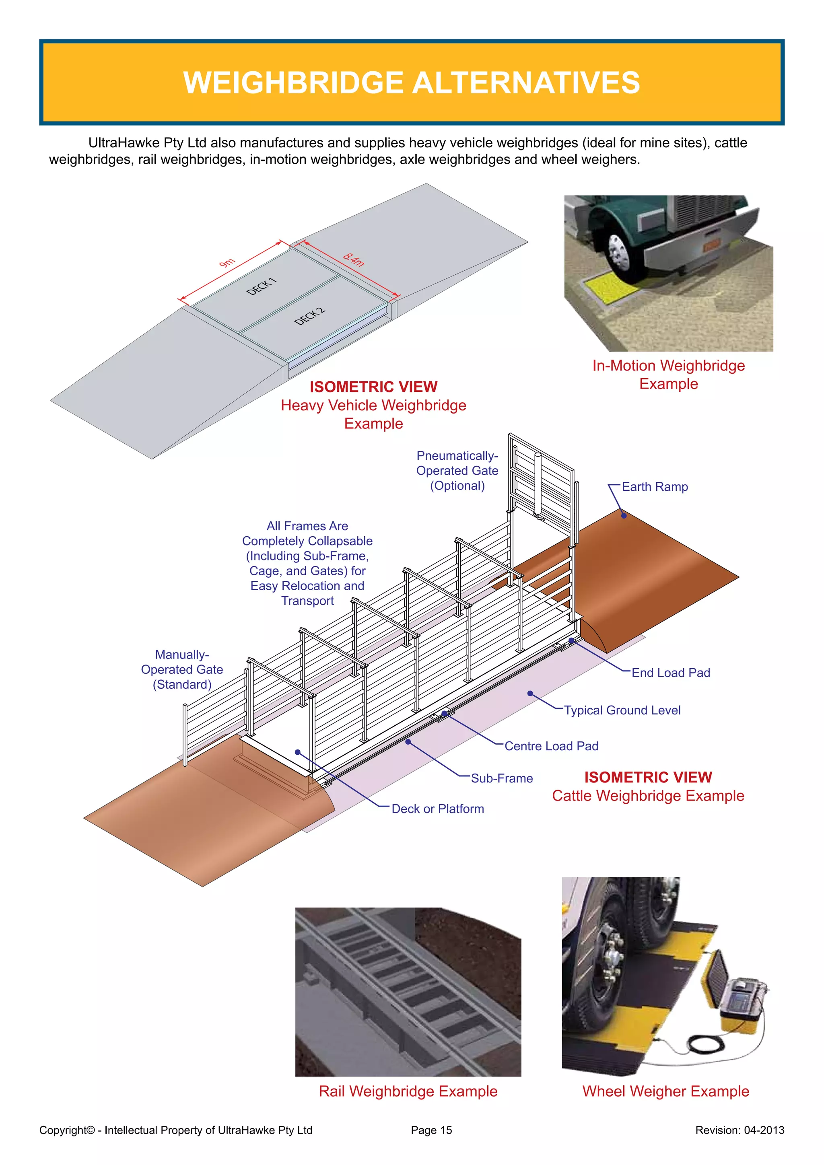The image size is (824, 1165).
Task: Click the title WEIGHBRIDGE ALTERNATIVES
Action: pos(412,83)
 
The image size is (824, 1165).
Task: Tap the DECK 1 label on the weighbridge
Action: pos(261,287)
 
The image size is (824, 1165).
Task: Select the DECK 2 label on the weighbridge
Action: pos(309,317)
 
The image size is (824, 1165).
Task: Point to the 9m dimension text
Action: pos(227,262)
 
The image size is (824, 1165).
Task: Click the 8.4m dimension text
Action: pos(354,259)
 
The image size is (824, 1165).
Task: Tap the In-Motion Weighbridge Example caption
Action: pos(668,375)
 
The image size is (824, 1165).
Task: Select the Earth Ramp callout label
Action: pos(655,487)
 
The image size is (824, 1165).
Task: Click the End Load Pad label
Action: pos(670,673)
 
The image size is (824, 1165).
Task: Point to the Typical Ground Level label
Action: pos(622,710)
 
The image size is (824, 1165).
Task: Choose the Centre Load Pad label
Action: pos(551,746)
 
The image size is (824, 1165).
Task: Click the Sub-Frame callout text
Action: pos(501,778)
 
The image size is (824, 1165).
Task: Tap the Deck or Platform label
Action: pos(437,809)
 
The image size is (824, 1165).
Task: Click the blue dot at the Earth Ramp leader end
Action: pos(624,516)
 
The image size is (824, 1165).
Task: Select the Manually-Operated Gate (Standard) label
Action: pos(182,669)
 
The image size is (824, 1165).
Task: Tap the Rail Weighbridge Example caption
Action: pos(408,1091)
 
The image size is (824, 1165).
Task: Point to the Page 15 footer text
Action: pos(431,1130)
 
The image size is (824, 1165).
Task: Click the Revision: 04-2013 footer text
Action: pos(739,1130)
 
